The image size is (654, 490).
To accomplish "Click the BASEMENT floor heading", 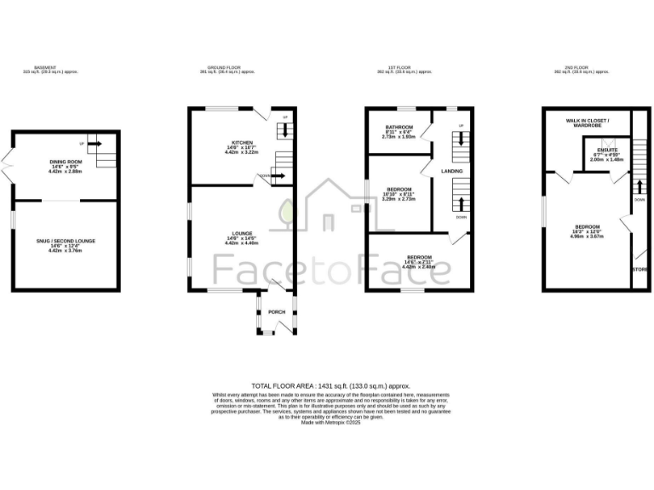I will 44,67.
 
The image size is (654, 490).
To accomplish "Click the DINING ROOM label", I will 65,162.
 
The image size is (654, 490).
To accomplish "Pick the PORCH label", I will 277,312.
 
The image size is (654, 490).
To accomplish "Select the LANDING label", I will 450,171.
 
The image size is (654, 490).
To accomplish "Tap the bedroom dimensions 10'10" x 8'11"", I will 399,195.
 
